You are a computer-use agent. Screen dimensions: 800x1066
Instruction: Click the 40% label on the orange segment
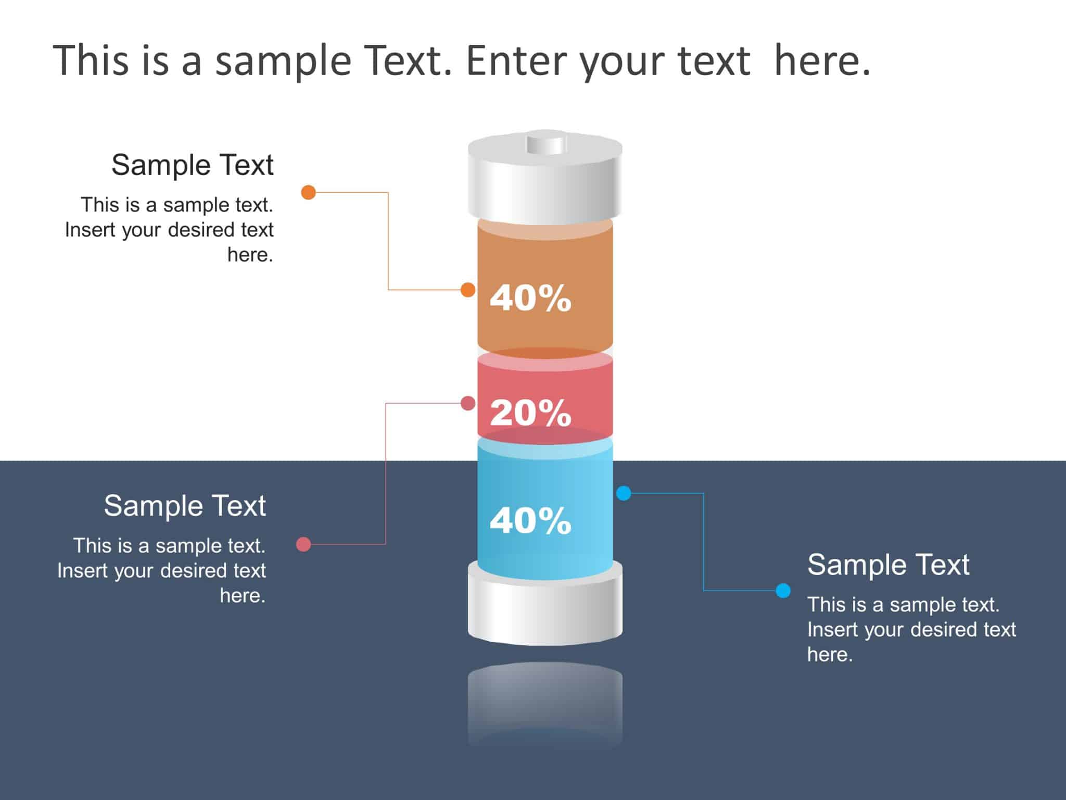click(530, 298)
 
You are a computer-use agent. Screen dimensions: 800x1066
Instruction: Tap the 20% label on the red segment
click(530, 413)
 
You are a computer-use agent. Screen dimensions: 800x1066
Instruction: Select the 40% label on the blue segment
click(530, 520)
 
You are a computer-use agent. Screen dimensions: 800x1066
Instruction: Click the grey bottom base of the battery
click(545, 609)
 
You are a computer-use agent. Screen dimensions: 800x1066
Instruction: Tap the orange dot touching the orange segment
click(468, 290)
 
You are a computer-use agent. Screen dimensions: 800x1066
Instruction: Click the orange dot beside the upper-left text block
click(309, 192)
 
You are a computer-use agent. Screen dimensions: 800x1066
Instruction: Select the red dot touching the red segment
click(468, 403)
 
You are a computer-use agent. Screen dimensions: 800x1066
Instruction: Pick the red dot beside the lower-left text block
click(303, 544)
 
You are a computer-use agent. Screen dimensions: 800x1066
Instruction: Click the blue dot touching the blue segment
click(624, 493)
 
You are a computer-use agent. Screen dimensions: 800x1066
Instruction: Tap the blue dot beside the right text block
click(783, 590)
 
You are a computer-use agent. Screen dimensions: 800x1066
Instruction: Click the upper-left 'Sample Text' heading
click(192, 165)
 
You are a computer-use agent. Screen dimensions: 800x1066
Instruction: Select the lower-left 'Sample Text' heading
click(185, 506)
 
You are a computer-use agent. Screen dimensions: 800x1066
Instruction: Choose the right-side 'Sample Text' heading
click(888, 565)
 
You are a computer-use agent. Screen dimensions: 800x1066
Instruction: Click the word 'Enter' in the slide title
click(517, 61)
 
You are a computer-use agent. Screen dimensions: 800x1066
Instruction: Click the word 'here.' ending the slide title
click(822, 61)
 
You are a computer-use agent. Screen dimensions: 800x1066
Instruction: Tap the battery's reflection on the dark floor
click(545, 703)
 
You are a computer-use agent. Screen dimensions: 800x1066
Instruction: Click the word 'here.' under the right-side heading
click(830, 655)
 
